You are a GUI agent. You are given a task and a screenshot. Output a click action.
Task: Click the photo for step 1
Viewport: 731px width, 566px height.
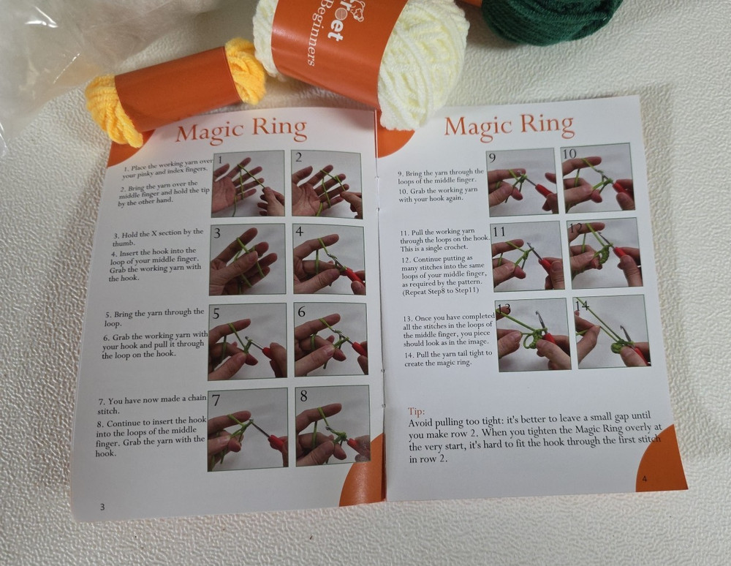248,184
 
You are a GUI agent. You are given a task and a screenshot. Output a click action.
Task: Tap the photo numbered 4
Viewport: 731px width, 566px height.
328,259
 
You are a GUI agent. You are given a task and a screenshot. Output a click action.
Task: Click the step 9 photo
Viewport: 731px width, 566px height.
522,182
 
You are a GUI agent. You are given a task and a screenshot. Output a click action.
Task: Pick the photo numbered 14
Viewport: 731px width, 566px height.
611,331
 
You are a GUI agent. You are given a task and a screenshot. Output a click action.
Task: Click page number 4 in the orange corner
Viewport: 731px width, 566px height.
644,479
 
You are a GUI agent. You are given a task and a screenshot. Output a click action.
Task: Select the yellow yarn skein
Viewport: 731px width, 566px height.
110,110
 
